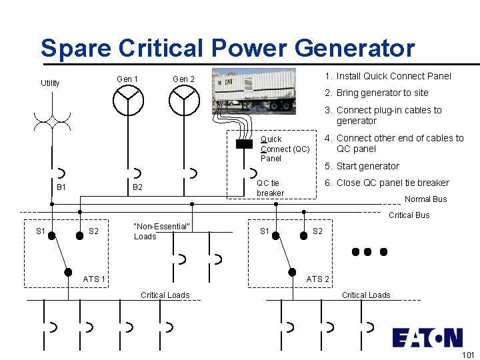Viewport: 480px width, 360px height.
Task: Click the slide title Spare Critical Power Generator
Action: pyautogui.click(x=227, y=49)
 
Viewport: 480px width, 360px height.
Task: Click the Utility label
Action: pyautogui.click(x=50, y=83)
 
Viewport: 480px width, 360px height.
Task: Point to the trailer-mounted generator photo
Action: pyautogui.click(x=254, y=93)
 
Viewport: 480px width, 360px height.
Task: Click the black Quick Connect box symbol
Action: pyautogui.click(x=245, y=143)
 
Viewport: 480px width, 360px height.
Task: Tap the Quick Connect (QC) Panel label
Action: pyautogui.click(x=285, y=149)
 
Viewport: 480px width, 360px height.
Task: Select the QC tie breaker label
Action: pyautogui.click(x=270, y=188)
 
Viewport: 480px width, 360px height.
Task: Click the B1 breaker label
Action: pyautogui.click(x=61, y=187)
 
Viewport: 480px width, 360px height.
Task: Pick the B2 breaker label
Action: pyautogui.click(x=137, y=187)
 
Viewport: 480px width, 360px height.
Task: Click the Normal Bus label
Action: pyautogui.click(x=425, y=199)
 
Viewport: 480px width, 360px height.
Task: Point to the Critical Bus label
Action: pyautogui.click(x=409, y=215)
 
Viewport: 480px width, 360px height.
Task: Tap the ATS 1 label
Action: pyautogui.click(x=94, y=279)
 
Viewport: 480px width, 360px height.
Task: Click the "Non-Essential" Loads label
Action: pyautogui.click(x=162, y=231)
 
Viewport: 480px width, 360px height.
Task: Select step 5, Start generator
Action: pyautogui.click(x=361, y=166)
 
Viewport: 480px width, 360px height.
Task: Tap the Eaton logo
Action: pyautogui.click(x=427, y=337)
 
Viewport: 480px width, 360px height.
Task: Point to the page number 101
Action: pyautogui.click(x=467, y=355)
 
